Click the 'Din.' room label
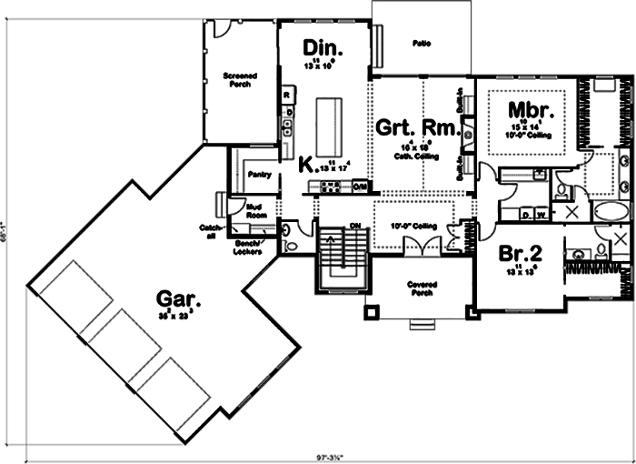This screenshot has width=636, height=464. [322, 47]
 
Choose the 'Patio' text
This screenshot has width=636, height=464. [421, 43]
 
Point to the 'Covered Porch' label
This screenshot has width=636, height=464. [421, 288]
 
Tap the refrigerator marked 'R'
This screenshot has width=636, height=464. [286, 95]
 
